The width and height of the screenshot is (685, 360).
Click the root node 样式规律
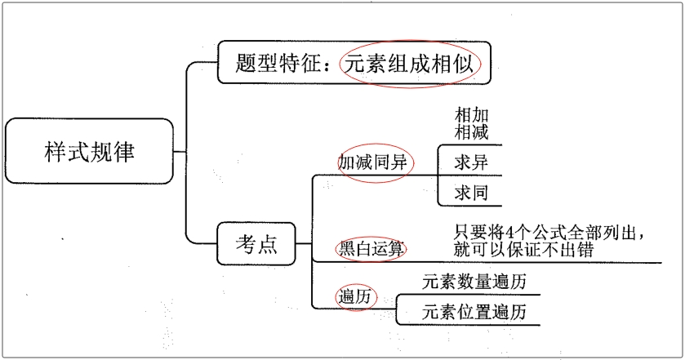click(x=90, y=151)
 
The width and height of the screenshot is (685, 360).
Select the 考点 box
click(x=256, y=243)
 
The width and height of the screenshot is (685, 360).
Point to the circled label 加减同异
click(x=372, y=162)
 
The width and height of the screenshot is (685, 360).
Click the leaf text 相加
click(x=472, y=114)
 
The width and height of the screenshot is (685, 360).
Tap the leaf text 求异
click(x=471, y=162)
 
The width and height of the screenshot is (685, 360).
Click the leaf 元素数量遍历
click(x=474, y=282)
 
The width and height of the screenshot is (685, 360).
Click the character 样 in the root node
click(x=56, y=151)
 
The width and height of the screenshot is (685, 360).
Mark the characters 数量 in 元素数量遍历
click(x=474, y=282)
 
